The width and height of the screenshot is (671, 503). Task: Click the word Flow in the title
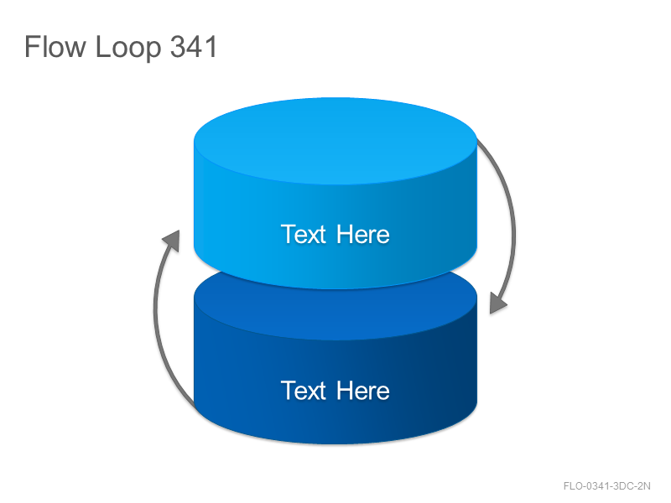tap(55, 46)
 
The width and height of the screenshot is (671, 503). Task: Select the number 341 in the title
tap(194, 46)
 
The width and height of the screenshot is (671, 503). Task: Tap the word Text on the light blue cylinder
tap(304, 234)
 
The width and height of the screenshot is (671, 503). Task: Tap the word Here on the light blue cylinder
tap(363, 234)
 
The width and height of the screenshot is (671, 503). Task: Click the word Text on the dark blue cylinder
tap(304, 390)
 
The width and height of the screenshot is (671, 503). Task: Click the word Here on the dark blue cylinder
tap(363, 390)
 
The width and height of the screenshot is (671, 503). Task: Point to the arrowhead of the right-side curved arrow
tap(497, 303)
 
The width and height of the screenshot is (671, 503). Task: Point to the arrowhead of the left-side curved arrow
tap(172, 241)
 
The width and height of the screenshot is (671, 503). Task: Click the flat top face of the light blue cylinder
tap(335, 141)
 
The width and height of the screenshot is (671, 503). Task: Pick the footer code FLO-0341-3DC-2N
tap(606, 486)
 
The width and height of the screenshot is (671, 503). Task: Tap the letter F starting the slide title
tap(31, 46)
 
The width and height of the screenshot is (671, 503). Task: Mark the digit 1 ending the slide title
tap(211, 46)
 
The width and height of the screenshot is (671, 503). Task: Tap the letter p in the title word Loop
tap(153, 51)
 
